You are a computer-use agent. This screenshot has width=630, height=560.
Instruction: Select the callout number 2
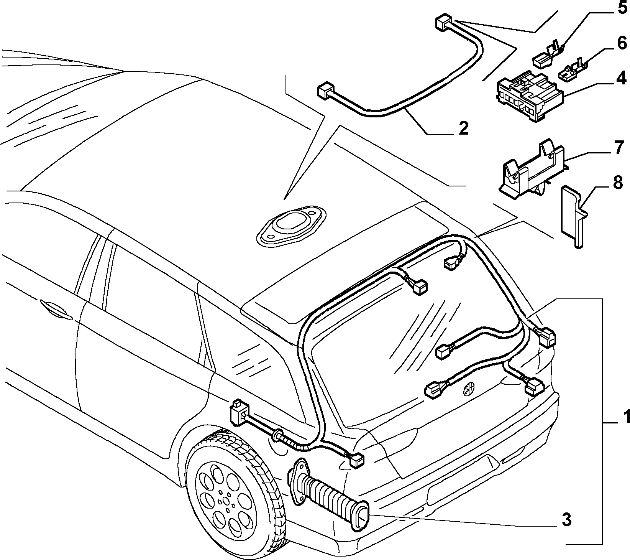(463, 128)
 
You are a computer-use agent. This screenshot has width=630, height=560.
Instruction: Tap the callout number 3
(567, 520)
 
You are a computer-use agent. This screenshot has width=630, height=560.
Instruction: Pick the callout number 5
(621, 8)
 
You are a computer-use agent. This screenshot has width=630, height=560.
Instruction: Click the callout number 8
(618, 183)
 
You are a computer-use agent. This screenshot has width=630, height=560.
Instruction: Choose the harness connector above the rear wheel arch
(239, 412)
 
